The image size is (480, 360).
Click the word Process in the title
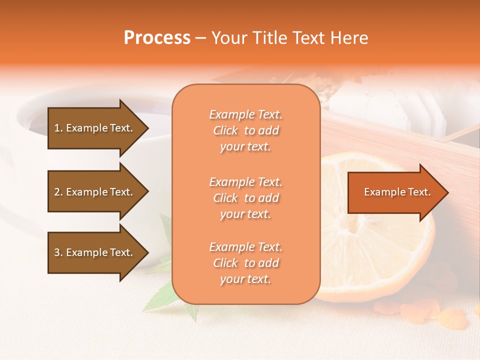point(157,38)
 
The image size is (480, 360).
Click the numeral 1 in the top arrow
point(56,128)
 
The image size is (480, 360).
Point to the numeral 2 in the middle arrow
point(57,192)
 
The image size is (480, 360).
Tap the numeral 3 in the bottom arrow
point(57,252)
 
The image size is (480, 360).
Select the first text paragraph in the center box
point(245,130)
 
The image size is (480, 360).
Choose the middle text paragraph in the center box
point(245,198)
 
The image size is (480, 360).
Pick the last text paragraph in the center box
point(245,263)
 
